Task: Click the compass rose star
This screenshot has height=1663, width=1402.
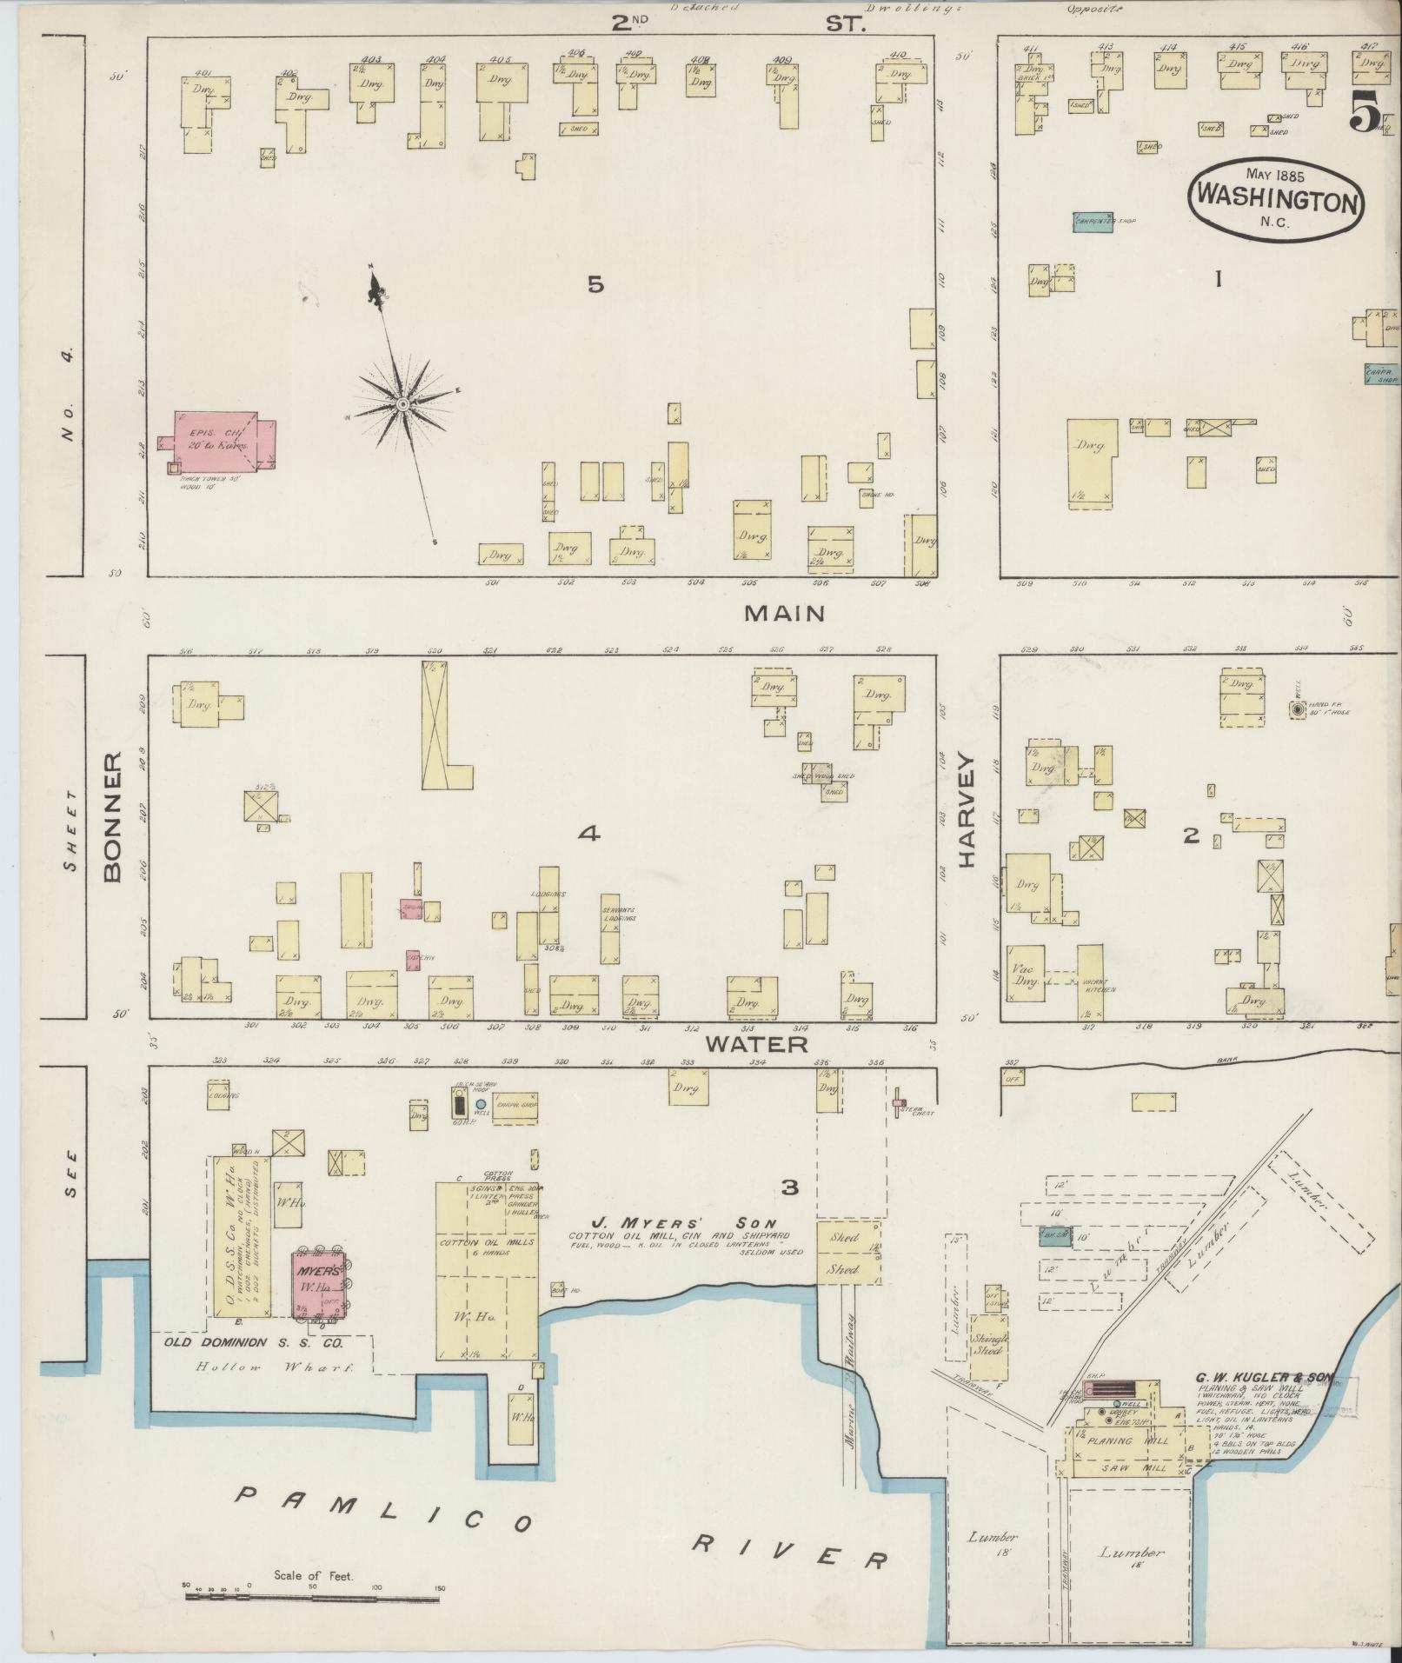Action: click(403, 404)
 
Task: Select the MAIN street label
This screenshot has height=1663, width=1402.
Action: click(784, 614)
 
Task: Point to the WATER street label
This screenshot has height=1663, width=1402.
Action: click(756, 1043)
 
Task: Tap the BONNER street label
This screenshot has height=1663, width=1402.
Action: click(115, 818)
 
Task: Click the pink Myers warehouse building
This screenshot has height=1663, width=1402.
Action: click(315, 1283)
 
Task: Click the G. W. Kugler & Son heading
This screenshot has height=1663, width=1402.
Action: click(1264, 1377)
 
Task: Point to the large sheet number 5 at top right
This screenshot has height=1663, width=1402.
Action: click(1365, 112)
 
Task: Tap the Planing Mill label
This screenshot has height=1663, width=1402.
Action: click(1128, 1440)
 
